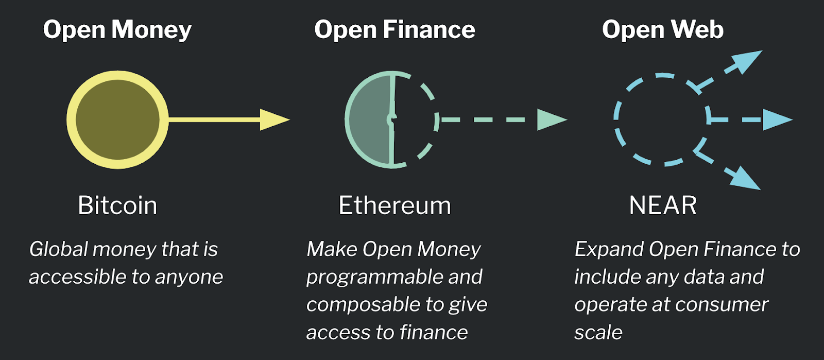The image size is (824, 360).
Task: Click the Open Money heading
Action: pyautogui.click(x=117, y=30)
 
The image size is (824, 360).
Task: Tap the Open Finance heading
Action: pyautogui.click(x=394, y=30)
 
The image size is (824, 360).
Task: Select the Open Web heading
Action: pyautogui.click(x=663, y=30)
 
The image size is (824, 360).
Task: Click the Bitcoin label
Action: pyautogui.click(x=117, y=205)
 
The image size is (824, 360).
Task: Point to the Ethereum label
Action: pyautogui.click(x=394, y=205)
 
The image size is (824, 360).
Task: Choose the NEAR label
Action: pyautogui.click(x=663, y=205)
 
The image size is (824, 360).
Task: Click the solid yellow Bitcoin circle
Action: pyautogui.click(x=117, y=119)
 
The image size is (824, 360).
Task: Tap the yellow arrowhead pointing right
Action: pyautogui.click(x=273, y=119)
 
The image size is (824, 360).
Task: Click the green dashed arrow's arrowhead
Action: pyautogui.click(x=551, y=119)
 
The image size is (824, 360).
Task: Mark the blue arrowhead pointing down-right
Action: pyautogui.click(x=746, y=178)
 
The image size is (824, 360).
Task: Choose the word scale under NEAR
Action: pyautogui.click(x=598, y=333)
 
